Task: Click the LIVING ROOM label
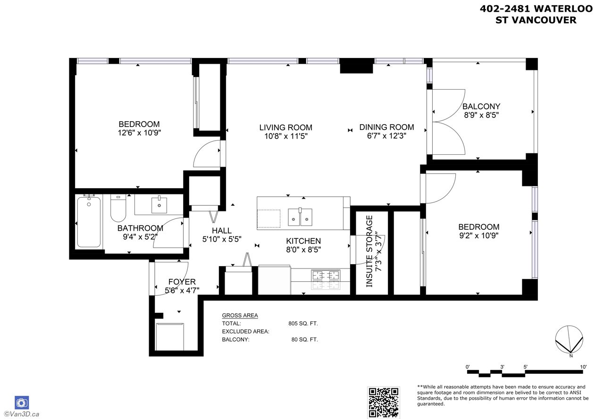(x=286, y=127)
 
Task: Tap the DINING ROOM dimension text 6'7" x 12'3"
(x=386, y=135)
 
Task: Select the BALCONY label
(x=481, y=107)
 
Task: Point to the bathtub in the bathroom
(x=89, y=222)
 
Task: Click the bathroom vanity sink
(x=159, y=205)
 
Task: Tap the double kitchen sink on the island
(x=300, y=217)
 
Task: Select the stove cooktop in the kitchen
(x=326, y=279)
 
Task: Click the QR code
(x=384, y=402)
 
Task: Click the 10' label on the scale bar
(x=583, y=367)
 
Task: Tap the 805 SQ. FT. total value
(x=303, y=323)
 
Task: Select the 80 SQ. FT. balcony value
(x=305, y=339)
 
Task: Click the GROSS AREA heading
(x=240, y=315)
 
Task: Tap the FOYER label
(x=182, y=282)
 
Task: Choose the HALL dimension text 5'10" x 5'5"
(x=222, y=239)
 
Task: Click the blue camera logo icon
(x=22, y=403)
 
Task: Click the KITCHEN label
(x=303, y=241)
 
